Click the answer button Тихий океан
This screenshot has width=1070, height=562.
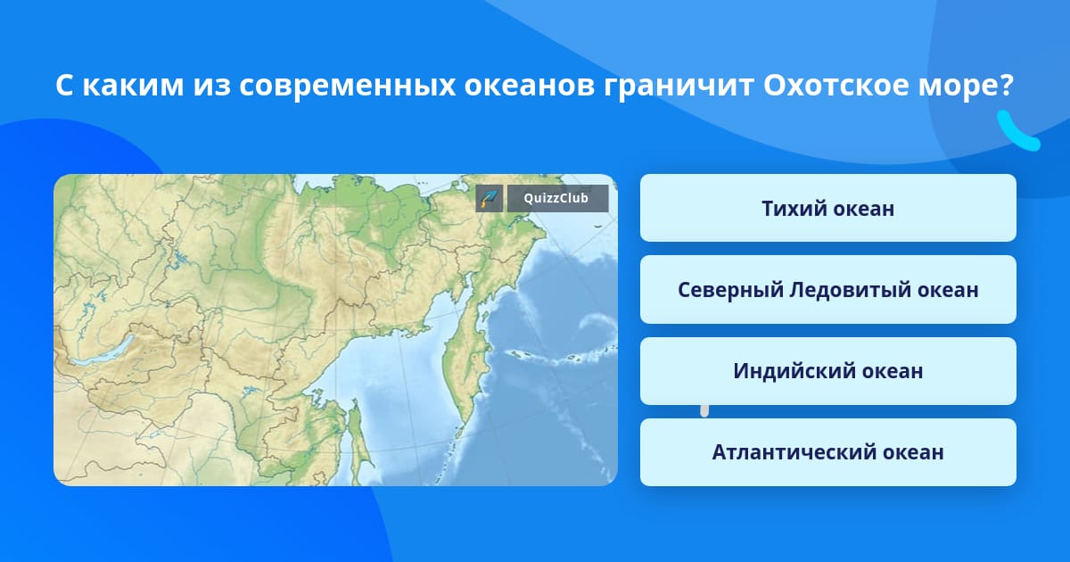point(827,208)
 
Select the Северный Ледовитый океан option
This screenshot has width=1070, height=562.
point(827,290)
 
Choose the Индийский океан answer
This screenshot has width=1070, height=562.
point(827,371)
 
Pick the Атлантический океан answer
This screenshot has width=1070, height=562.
point(827,452)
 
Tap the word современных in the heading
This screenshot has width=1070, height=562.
point(347,86)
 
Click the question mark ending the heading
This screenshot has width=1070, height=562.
point(1006,85)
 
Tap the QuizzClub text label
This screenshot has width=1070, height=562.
point(556,198)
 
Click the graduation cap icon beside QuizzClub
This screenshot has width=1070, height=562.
point(490,198)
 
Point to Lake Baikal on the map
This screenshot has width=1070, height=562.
point(103,351)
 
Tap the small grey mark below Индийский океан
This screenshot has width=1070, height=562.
point(704,410)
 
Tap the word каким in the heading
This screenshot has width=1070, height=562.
point(133,86)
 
